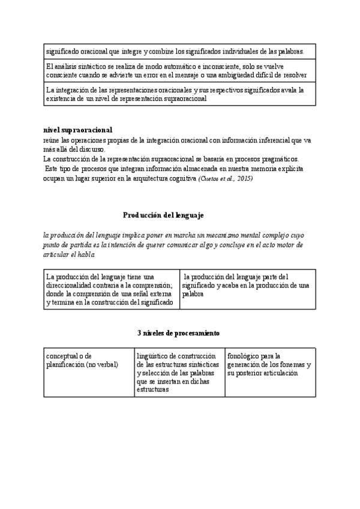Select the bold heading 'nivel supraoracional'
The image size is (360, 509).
[x=77, y=130]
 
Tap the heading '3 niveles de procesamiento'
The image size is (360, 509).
[x=179, y=333]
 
